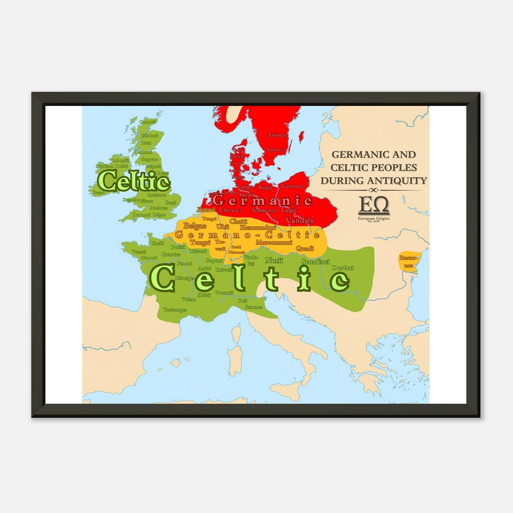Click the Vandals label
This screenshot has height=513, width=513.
[x=299, y=220]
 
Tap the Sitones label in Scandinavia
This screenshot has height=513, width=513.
[x=277, y=135]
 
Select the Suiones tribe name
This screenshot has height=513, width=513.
[x=275, y=150]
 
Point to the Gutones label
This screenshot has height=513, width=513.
[x=291, y=186]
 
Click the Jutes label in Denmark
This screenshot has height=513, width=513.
[x=237, y=155]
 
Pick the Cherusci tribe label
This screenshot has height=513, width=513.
[x=230, y=210]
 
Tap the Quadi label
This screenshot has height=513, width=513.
[x=305, y=248]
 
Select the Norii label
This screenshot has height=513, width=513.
[x=274, y=260]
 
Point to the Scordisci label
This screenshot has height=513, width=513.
[x=315, y=261]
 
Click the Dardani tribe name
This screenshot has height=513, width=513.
[x=342, y=268]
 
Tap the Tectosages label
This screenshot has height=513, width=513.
[x=175, y=310]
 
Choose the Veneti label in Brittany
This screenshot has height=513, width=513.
[x=139, y=252]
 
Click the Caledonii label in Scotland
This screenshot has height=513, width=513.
[x=149, y=135]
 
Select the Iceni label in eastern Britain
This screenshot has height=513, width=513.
[x=171, y=202]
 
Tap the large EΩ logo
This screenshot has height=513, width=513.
[x=374, y=205]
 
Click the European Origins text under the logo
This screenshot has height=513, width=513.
[x=374, y=218]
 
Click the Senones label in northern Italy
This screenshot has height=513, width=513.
[x=253, y=307]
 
